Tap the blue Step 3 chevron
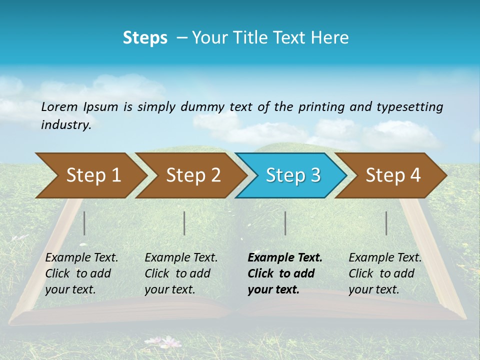click(293, 175)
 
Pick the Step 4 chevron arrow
click(393, 175)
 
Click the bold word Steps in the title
click(145, 37)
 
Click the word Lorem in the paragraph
click(59, 107)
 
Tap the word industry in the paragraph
click(66, 124)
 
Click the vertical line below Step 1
click(84, 223)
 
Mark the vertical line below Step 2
click(184, 223)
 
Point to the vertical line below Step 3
click(285, 223)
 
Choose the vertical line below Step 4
click(386, 223)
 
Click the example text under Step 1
click(81, 273)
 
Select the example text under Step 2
click(181, 273)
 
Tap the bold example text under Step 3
click(284, 273)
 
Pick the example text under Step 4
click(385, 273)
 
